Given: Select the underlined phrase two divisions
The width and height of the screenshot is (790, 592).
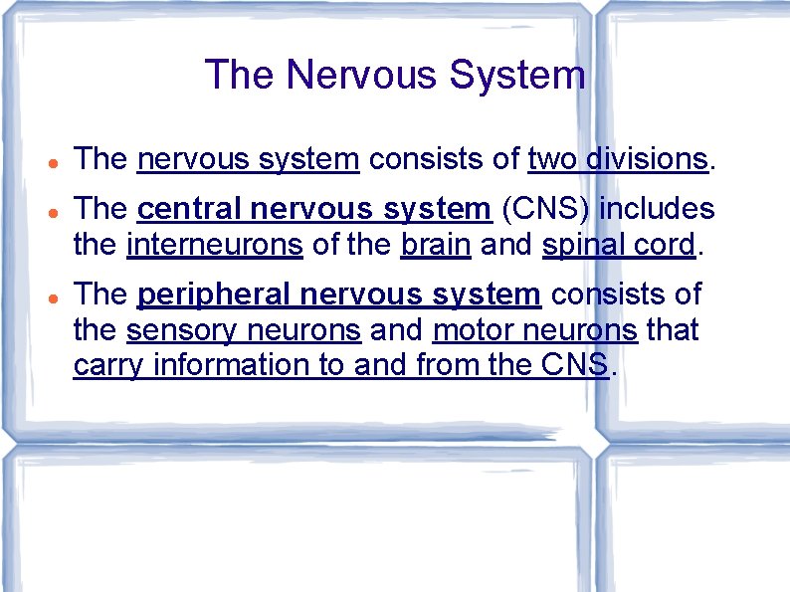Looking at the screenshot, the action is (x=618, y=159).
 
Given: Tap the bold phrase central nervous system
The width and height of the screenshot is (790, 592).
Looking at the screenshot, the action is (x=313, y=209).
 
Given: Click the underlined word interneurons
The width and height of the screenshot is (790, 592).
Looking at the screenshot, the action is (x=215, y=245).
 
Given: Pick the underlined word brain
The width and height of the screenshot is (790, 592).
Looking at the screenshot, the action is (x=436, y=245).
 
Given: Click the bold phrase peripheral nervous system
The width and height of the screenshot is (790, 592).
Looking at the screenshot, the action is (x=338, y=295).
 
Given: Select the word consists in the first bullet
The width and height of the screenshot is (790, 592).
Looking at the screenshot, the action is (x=417, y=159).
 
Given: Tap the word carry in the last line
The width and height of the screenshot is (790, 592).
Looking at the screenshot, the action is (x=105, y=365).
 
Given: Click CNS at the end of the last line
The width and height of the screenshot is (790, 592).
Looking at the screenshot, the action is (x=576, y=365).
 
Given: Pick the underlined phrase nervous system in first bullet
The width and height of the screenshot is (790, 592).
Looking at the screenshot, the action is (x=248, y=159).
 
